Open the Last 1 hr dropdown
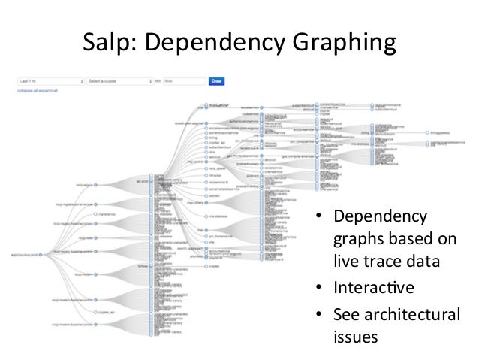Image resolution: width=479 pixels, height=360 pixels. pos(50,80)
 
